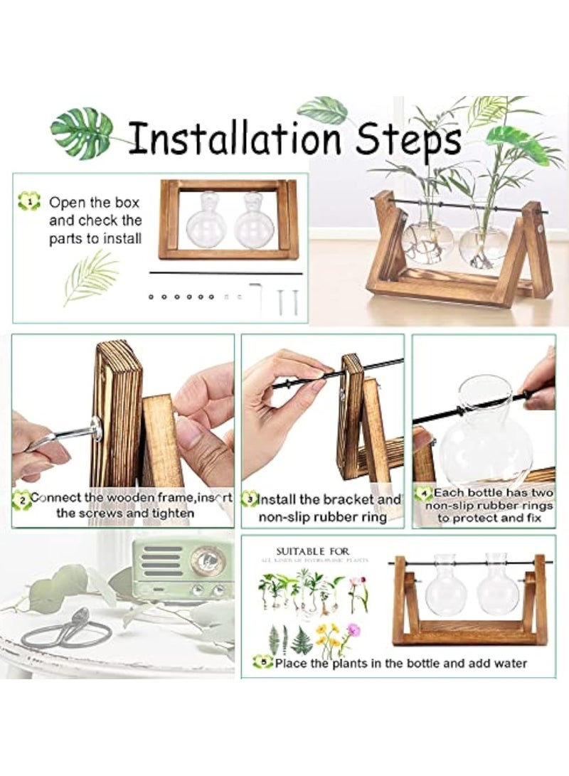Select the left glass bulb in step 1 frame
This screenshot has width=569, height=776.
click(x=206, y=223)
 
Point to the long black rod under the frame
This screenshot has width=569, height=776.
click(x=226, y=272)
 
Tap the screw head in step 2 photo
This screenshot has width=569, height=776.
click(x=95, y=428)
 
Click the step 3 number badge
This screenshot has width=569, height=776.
click(x=249, y=500)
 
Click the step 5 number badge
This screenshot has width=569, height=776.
click(x=264, y=663)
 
